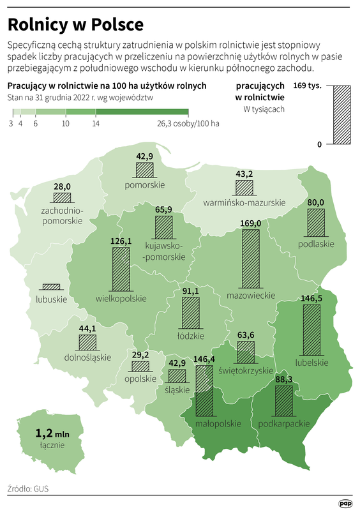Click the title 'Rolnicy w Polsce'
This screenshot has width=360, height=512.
(x=75, y=24)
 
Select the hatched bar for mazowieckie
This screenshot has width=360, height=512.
(x=251, y=259)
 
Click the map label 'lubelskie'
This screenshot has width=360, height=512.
(x=311, y=362)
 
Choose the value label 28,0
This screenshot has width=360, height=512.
(x=62, y=186)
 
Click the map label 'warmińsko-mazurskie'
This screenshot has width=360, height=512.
(x=244, y=202)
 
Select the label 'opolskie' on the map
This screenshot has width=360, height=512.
(x=139, y=378)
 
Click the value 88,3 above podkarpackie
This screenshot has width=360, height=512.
(x=283, y=379)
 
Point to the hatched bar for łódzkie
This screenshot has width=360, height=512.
(x=191, y=313)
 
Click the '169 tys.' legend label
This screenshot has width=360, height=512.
(x=306, y=86)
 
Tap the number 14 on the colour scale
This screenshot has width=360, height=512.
(x=95, y=123)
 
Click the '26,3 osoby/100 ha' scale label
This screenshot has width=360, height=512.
(x=188, y=123)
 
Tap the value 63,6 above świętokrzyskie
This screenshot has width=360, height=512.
(x=245, y=335)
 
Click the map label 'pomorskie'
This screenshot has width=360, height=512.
(x=144, y=184)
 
